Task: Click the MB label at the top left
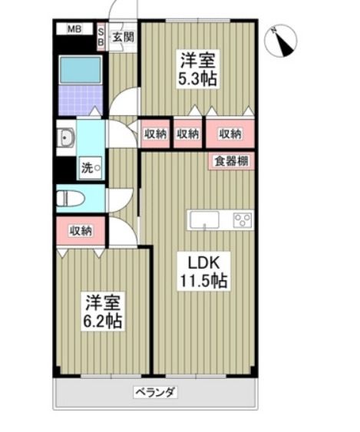tap(74, 30)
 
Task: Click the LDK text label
tap(197, 261)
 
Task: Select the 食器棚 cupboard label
tap(230, 161)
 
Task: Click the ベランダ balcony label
tap(156, 392)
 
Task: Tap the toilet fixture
tap(71, 199)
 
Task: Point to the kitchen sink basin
tap(205, 220)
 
